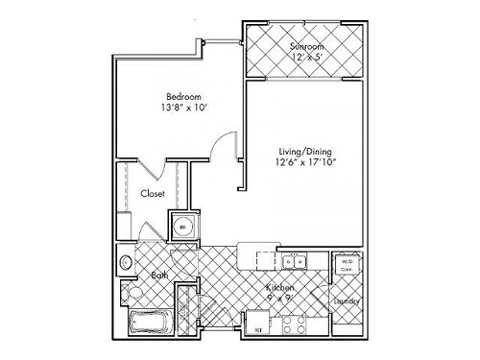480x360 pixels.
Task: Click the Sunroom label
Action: tap(307, 45)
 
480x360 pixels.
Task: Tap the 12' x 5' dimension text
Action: tap(307, 57)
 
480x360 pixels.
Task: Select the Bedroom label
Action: tap(181, 97)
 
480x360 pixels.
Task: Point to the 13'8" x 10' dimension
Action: tap(181, 109)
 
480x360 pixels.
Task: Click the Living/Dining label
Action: tap(303, 151)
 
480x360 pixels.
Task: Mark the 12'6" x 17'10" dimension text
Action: tap(303, 163)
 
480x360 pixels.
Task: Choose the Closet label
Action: tap(153, 194)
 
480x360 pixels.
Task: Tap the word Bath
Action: tap(159, 276)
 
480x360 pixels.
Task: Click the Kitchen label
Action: tap(280, 287)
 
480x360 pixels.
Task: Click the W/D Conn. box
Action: tap(346, 264)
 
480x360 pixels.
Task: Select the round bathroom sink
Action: tap(126, 260)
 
